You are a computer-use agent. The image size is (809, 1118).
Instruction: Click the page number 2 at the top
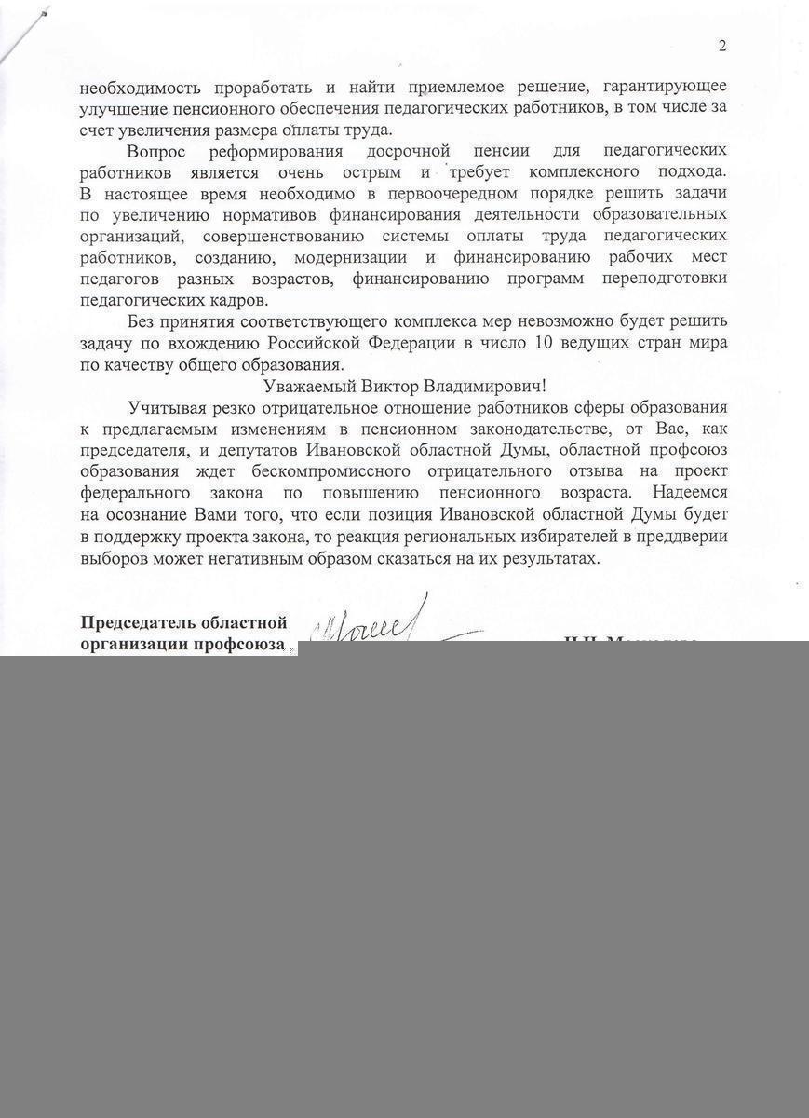(721, 46)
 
